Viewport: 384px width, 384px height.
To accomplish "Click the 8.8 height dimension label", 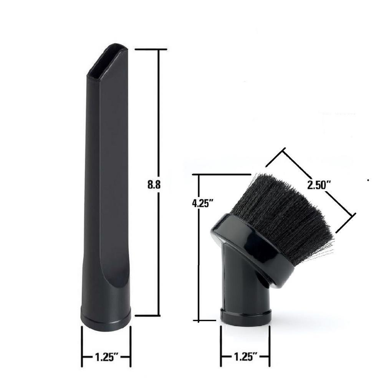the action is coord(154,184).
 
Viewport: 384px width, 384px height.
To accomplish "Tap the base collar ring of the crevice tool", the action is coord(106,318).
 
